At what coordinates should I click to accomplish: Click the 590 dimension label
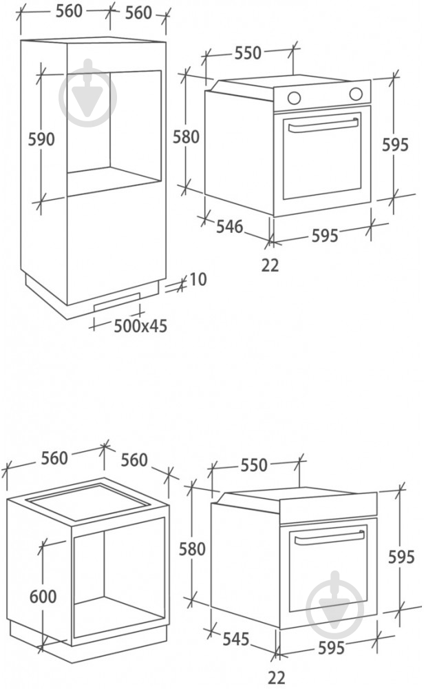tap(42, 139)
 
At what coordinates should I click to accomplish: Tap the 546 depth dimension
tap(230, 226)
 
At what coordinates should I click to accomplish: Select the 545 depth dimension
tap(235, 639)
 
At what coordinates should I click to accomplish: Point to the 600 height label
tap(43, 596)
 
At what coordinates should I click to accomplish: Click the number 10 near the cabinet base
tap(198, 279)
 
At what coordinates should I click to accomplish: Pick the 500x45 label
tap(140, 326)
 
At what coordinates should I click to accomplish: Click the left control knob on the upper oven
tap(295, 96)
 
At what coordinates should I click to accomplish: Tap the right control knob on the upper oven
tap(356, 94)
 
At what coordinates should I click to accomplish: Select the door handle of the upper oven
tap(324, 125)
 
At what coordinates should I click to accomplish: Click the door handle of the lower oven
tap(329, 538)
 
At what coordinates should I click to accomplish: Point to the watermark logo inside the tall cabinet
tap(88, 93)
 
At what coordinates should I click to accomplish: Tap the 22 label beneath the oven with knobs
tap(270, 265)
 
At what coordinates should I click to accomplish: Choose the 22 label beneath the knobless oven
tap(276, 677)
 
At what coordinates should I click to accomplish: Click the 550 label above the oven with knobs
tap(248, 53)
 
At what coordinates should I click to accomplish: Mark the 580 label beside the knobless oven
tap(192, 549)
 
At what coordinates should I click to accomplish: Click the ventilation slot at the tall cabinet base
tap(118, 301)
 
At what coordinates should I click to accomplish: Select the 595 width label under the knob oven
tap(326, 236)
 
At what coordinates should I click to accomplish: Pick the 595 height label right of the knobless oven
tap(401, 557)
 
